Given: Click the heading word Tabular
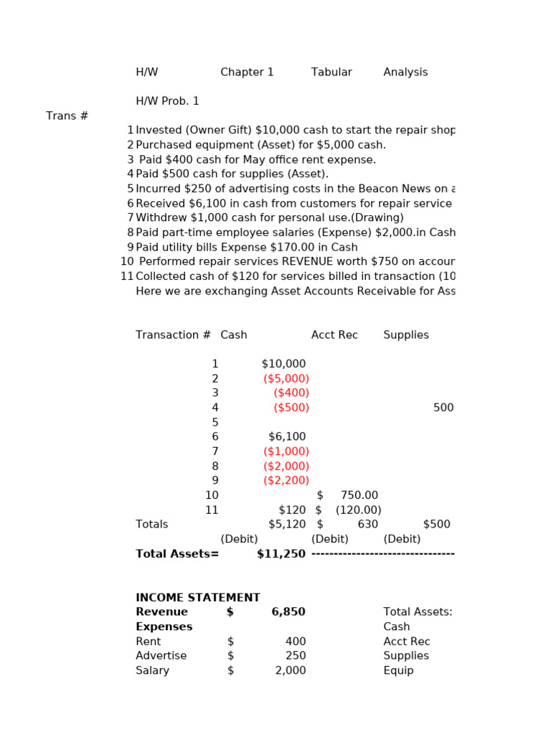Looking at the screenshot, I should [x=331, y=72].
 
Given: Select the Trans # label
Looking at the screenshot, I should [x=67, y=116].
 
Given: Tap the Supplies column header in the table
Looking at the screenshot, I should [x=406, y=335].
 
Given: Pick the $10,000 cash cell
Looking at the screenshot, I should [x=283, y=365].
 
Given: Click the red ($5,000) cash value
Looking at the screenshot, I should [x=286, y=379].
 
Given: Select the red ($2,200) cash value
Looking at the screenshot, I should [x=286, y=481].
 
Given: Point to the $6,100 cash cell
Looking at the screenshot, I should [x=287, y=437].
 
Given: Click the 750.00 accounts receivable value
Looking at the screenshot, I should [x=359, y=496].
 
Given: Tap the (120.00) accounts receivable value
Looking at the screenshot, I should [x=358, y=510].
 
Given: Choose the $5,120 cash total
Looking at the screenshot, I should [x=287, y=525].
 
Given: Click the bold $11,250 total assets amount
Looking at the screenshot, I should [x=281, y=554].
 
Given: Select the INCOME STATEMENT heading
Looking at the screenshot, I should [x=198, y=598].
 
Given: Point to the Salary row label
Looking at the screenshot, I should [x=152, y=671].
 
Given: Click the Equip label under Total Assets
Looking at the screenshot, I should [x=398, y=671].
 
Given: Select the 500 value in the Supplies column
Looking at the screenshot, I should [x=443, y=408].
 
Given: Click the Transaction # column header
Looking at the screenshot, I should [x=173, y=335].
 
